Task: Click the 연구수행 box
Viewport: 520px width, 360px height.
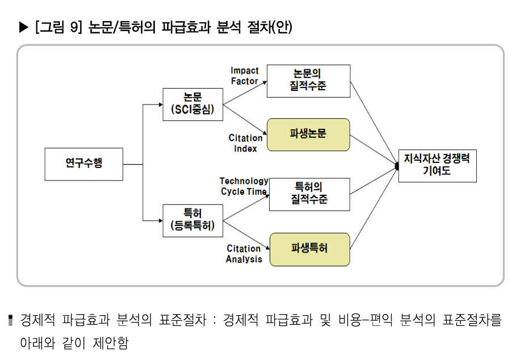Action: click(x=83, y=164)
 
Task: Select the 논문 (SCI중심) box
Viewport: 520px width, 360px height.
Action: click(x=192, y=104)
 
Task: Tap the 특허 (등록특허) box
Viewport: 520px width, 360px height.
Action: click(x=192, y=220)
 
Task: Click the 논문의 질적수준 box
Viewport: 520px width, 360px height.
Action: click(x=308, y=81)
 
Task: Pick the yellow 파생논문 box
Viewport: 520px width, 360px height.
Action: click(x=308, y=135)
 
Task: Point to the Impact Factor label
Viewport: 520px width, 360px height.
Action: click(x=244, y=76)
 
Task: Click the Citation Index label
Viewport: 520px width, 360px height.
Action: click(x=245, y=143)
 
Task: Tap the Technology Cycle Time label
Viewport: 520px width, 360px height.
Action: click(x=244, y=186)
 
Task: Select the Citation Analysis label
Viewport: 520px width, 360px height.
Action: click(x=244, y=254)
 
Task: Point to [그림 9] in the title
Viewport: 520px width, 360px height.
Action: click(x=58, y=27)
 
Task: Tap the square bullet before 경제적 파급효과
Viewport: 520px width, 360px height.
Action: click(x=11, y=321)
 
